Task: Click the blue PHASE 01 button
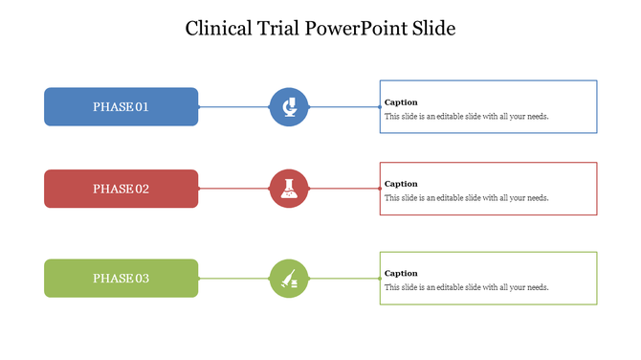coord(121,106)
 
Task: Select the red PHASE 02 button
coord(121,189)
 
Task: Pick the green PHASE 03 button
coord(121,278)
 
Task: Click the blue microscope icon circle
coord(288,106)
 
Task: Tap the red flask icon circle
coord(288,189)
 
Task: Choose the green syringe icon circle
coord(288,278)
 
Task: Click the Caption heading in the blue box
coord(401,101)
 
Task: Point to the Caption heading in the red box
coord(401,184)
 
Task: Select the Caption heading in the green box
coord(401,273)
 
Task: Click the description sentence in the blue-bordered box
coord(466,116)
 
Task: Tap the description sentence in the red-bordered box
coord(466,198)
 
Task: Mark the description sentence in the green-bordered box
coord(466,287)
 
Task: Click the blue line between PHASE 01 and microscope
coord(233,106)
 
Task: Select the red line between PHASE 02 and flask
coord(233,189)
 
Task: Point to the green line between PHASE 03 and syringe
coord(233,278)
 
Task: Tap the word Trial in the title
coord(279,28)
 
